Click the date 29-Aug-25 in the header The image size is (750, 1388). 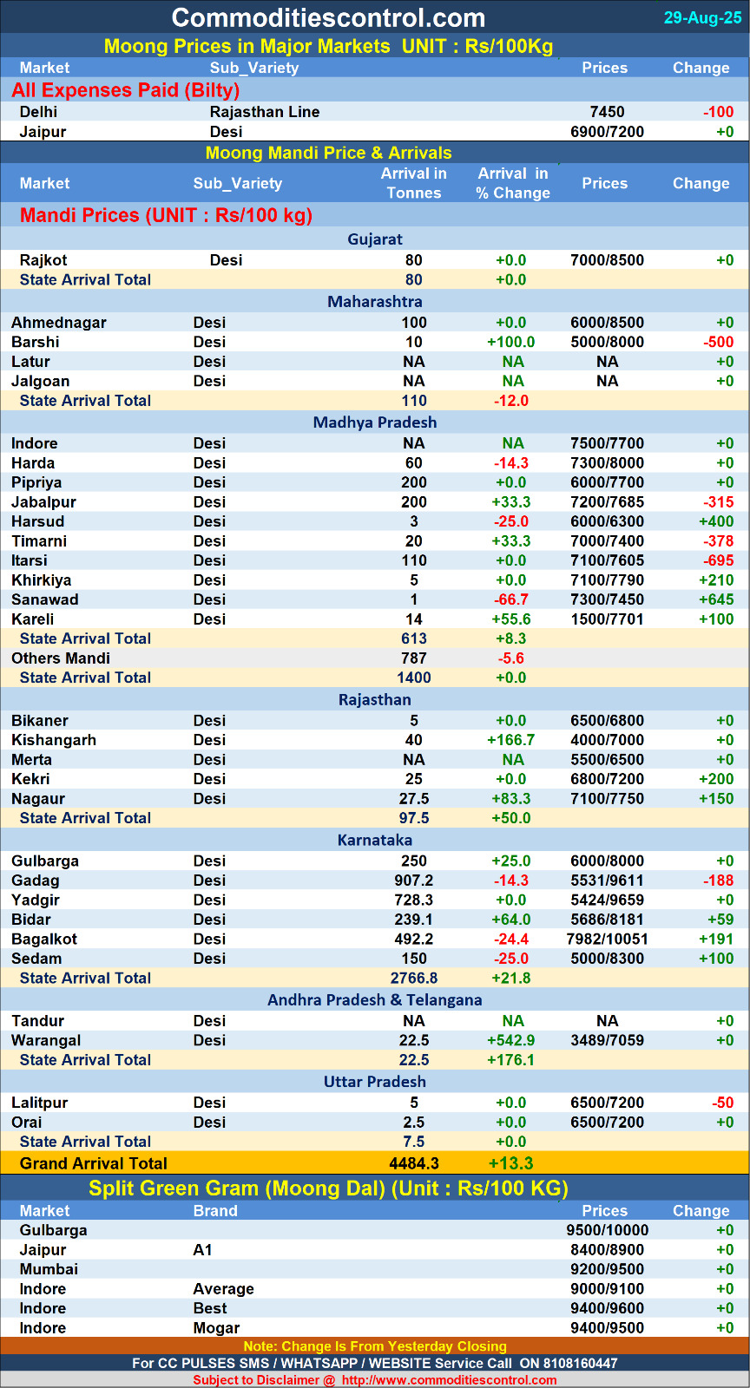702,18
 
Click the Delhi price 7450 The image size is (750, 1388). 607,112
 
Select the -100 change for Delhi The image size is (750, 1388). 718,112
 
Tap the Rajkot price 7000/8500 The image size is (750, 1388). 607,260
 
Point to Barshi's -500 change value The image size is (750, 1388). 718,342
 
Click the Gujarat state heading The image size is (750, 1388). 375,239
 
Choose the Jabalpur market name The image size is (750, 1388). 43,502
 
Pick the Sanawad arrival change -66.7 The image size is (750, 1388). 510,599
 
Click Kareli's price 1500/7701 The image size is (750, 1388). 607,619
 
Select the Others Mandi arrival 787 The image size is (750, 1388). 414,658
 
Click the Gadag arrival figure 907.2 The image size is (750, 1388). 414,881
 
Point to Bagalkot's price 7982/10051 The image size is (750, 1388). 607,940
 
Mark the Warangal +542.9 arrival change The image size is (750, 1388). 511,1040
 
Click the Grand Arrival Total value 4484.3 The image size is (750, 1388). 414,1163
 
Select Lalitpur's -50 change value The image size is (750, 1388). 722,1103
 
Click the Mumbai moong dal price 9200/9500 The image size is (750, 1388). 607,1269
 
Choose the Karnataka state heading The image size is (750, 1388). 375,841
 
